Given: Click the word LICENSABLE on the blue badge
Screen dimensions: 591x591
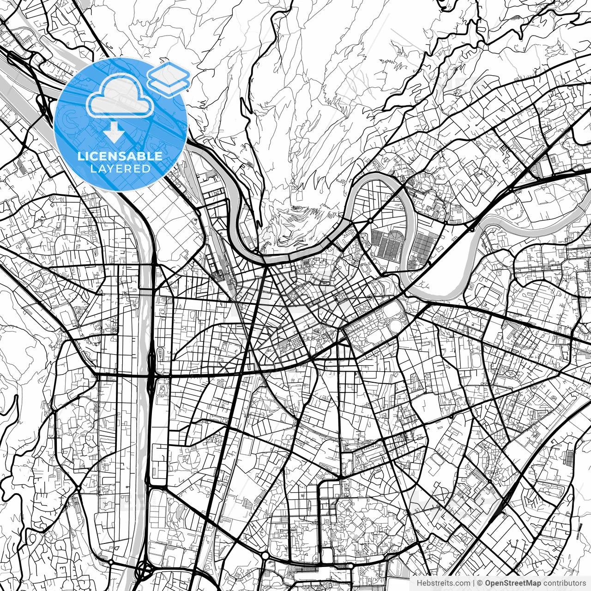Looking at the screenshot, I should click(120, 156).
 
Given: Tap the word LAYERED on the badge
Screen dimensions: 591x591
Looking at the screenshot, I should click(120, 169).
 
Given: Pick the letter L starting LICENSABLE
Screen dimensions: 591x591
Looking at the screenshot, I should click(80, 156).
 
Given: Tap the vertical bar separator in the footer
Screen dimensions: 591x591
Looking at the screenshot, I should click(474, 584).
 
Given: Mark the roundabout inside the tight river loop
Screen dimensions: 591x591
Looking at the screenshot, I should click(370, 221).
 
